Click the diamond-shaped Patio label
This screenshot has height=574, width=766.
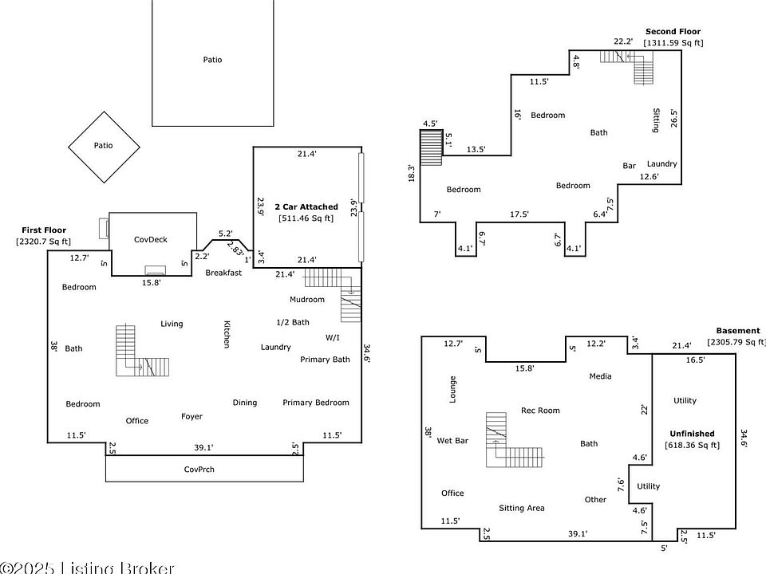click(x=103, y=146)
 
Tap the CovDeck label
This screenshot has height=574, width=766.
click(x=150, y=239)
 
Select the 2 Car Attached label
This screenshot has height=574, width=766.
click(x=306, y=206)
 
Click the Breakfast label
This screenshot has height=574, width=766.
click(x=223, y=273)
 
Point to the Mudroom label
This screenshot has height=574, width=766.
click(x=307, y=300)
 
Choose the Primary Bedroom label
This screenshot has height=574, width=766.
click(x=315, y=403)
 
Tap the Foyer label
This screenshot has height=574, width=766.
click(x=191, y=416)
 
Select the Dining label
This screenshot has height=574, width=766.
click(x=245, y=403)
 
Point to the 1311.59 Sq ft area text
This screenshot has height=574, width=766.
click(x=673, y=43)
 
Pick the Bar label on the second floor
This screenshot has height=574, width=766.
click(x=630, y=166)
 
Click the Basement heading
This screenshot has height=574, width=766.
click(x=738, y=331)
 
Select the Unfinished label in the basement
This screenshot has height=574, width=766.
click(x=692, y=434)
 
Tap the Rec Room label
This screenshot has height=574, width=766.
click(x=540, y=411)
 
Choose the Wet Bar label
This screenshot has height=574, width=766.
click(x=452, y=440)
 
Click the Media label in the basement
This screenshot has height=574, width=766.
click(x=600, y=376)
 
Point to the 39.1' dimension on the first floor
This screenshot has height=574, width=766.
click(x=204, y=447)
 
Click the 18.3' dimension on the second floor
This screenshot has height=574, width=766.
click(x=412, y=173)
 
